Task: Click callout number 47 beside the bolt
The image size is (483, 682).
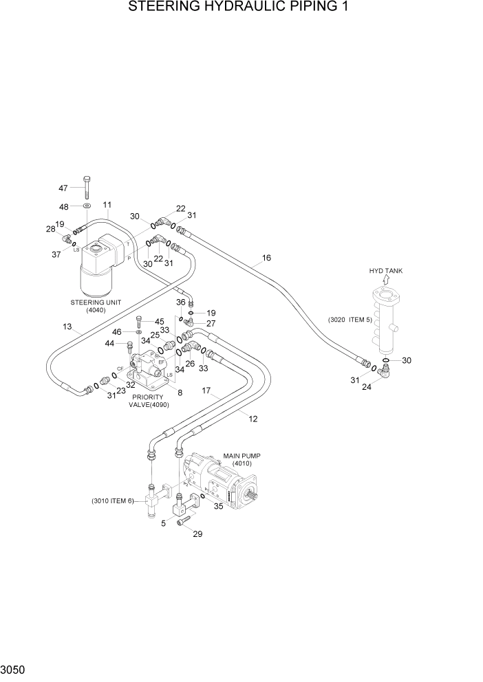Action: pos(63,188)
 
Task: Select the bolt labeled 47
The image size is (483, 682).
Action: pos(87,186)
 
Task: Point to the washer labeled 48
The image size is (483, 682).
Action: pos(86,206)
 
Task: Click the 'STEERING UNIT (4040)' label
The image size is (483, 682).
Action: pos(94,306)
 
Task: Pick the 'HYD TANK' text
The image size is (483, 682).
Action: pos(385,271)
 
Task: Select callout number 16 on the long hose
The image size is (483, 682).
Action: pos(266,258)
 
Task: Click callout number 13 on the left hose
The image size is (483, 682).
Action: pos(68,327)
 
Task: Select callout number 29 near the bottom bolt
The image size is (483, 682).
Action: pos(197,534)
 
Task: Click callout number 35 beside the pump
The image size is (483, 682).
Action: pos(218,507)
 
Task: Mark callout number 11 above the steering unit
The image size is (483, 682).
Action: pos(107,205)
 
